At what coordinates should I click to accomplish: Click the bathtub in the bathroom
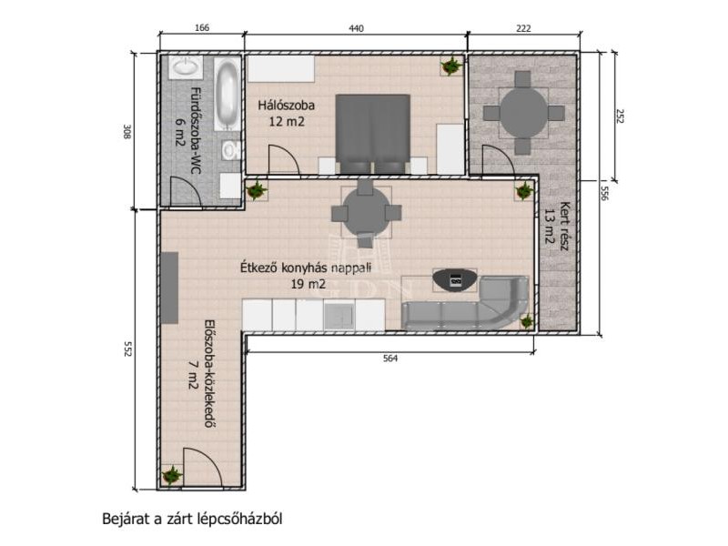coord(227,94)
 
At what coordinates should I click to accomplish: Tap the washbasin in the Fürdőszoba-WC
coord(186,67)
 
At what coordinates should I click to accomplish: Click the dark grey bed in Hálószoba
coord(373,134)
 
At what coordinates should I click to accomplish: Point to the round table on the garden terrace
coord(524,113)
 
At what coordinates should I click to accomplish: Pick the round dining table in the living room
coord(366,213)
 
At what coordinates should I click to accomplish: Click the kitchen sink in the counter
coord(339,316)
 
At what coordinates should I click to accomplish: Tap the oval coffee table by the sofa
coord(454,280)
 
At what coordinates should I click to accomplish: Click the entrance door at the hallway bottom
coord(203,468)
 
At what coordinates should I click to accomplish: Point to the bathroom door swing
coord(186,191)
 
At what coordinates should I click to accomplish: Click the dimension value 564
coord(390,359)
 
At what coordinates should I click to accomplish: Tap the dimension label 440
coord(356,28)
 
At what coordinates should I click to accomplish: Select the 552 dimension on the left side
coord(128,349)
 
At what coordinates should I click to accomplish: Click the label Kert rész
coord(564,226)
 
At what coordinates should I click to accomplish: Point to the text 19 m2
coord(308,284)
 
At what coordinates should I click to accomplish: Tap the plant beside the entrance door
coord(172,475)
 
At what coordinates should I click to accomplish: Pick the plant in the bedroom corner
coord(451,66)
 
